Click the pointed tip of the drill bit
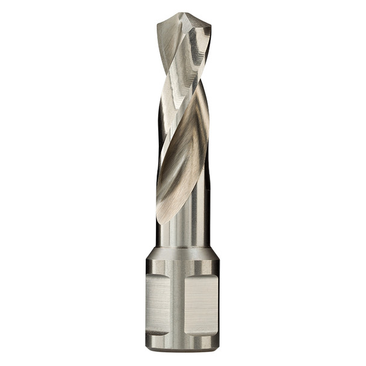point(183,13)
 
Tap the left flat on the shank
point(158,304)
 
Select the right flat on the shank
point(200,304)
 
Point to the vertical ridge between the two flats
point(178,304)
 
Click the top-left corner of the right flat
point(186,276)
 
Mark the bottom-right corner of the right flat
point(216,332)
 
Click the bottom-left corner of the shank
point(147,349)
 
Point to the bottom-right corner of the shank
point(217,349)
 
